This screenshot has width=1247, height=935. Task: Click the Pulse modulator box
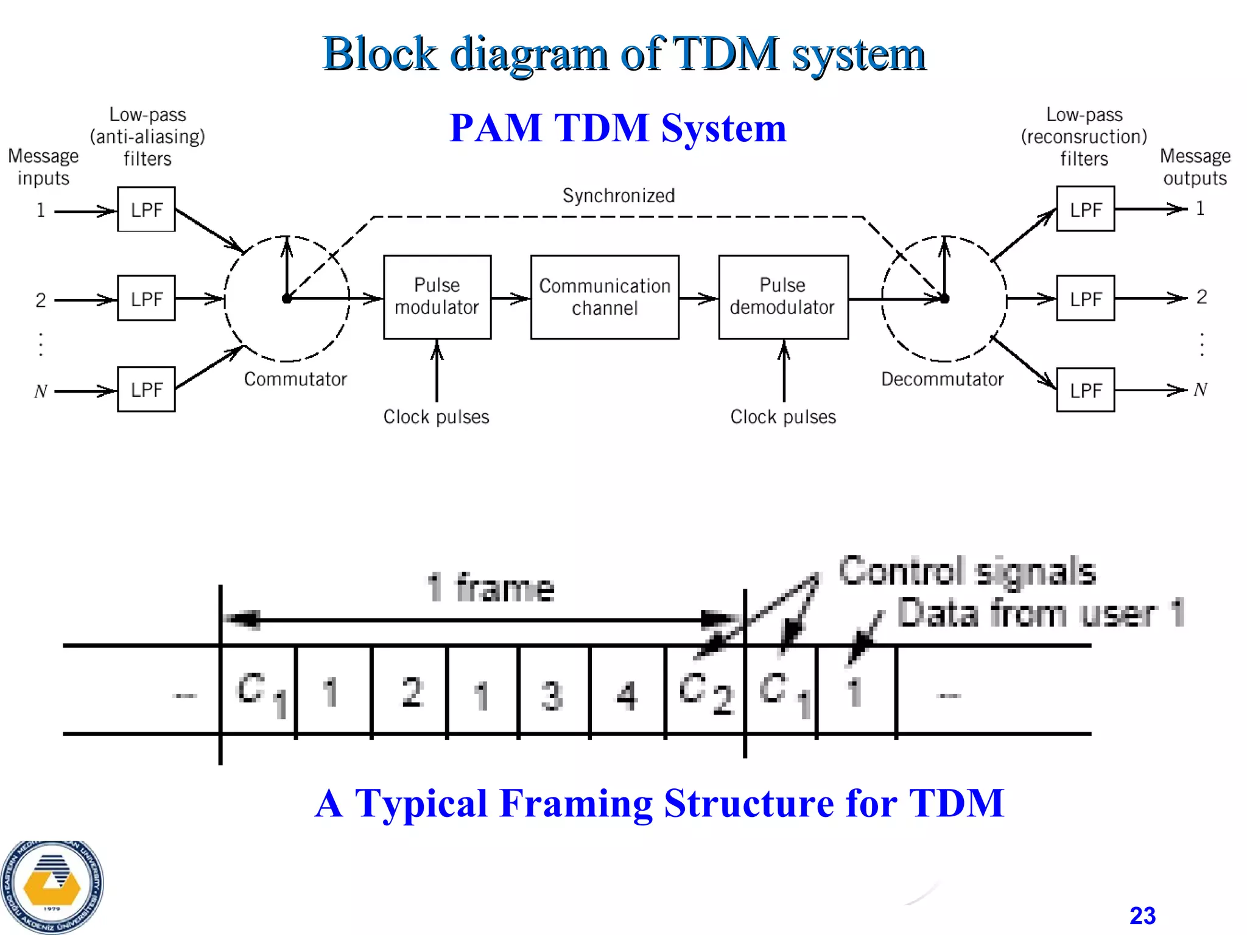click(x=437, y=296)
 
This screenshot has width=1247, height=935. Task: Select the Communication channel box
click(x=604, y=296)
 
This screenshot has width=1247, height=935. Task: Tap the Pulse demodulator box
click(x=782, y=296)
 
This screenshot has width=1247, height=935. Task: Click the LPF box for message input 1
click(x=146, y=209)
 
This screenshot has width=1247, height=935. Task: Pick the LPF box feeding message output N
click(x=1085, y=390)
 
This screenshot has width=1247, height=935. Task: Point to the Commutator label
click(x=295, y=379)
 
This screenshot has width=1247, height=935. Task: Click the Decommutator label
click(x=942, y=379)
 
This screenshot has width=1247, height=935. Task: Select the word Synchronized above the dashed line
click(x=618, y=195)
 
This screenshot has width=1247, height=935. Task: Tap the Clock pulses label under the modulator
click(x=436, y=417)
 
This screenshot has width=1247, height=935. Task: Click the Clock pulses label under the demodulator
click(x=783, y=417)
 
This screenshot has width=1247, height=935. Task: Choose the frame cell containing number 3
click(x=553, y=693)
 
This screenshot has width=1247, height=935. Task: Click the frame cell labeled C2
click(x=704, y=693)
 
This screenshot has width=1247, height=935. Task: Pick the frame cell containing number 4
click(x=627, y=693)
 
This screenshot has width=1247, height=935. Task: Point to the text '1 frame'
click(x=491, y=588)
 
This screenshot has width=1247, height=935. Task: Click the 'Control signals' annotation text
click(x=967, y=572)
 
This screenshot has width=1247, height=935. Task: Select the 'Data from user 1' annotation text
click(x=1040, y=613)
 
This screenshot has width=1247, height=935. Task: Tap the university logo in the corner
click(x=52, y=886)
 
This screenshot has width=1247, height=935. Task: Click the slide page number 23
click(x=1142, y=916)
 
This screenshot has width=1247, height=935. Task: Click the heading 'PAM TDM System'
click(x=617, y=128)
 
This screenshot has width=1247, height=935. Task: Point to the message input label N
click(x=40, y=391)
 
